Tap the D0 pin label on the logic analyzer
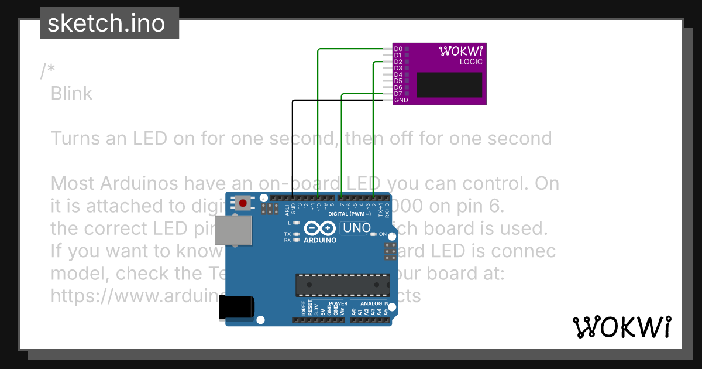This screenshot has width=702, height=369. [398, 49]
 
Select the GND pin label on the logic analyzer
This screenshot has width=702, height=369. [401, 100]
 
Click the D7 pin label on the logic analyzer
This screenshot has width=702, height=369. [398, 94]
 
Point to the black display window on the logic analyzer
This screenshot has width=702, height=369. [449, 84]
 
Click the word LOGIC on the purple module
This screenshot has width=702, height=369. [471, 61]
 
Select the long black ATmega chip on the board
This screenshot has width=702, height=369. [342, 284]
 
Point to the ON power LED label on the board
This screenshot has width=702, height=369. [383, 234]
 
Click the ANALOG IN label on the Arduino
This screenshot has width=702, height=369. [374, 303]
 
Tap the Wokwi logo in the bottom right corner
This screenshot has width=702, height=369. [621, 327]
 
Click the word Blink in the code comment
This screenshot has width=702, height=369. [71, 93]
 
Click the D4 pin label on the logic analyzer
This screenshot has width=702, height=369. [398, 74]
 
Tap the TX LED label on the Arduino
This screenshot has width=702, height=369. [287, 234]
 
